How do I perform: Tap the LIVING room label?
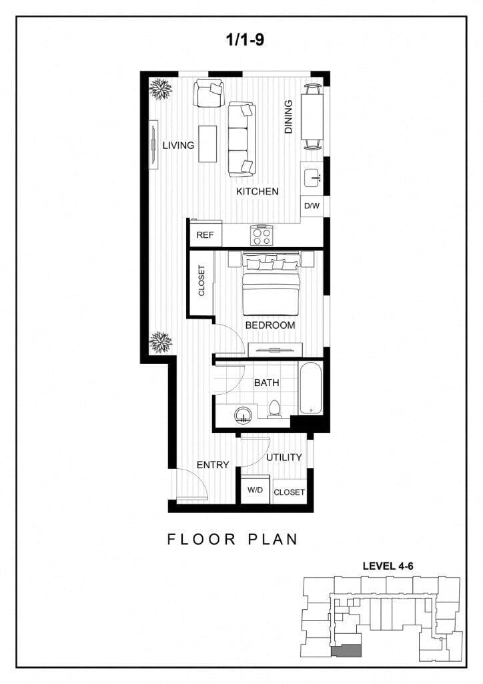click(x=178, y=145)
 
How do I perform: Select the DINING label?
click(x=289, y=117)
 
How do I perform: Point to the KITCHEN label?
click(x=257, y=192)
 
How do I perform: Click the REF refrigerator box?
click(x=204, y=235)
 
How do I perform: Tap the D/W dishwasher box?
click(x=312, y=206)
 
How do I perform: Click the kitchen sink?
click(x=312, y=177)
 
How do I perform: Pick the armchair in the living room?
click(x=209, y=94)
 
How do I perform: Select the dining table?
click(x=312, y=116)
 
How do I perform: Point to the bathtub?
click(x=310, y=388)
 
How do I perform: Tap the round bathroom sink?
click(x=245, y=414)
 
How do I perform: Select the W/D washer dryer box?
click(x=255, y=491)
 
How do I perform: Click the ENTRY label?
click(x=213, y=465)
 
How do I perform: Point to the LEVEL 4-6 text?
click(x=388, y=565)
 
